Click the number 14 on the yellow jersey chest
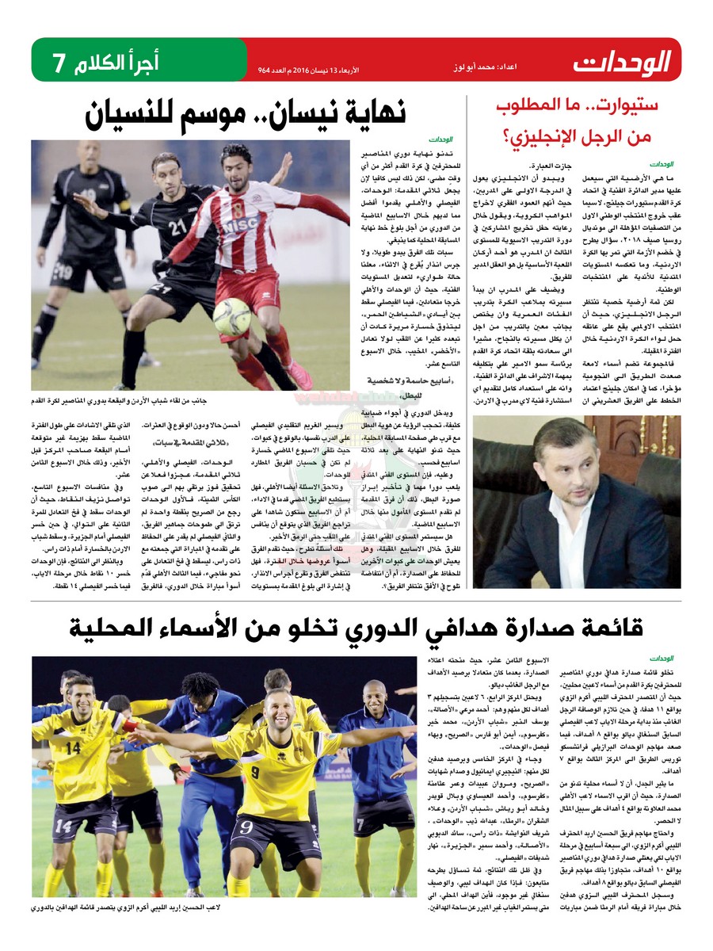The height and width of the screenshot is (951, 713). click(73, 746)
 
